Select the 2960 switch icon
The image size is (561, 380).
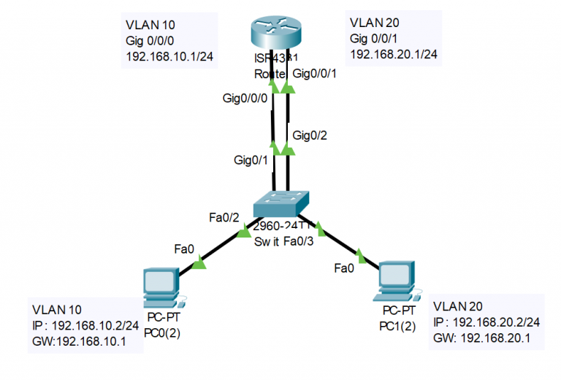pos(280,205)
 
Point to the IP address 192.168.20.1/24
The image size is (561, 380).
pos(394,54)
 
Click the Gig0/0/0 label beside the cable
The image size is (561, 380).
pos(245,98)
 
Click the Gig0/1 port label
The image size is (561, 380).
pos(250,159)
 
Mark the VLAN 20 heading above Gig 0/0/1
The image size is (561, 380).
pos(374,22)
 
